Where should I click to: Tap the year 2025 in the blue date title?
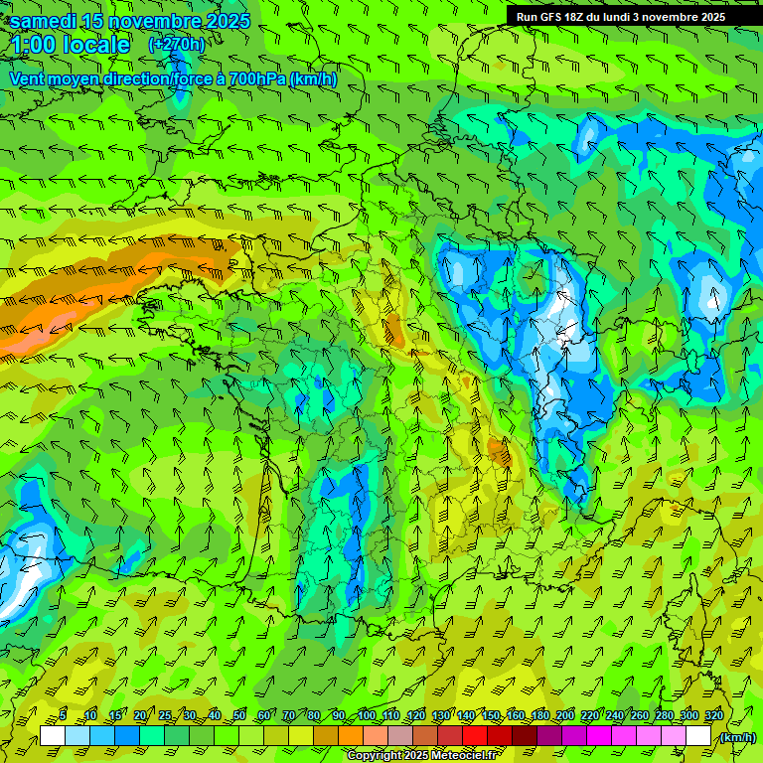point(222,21)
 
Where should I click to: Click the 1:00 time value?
point(33,45)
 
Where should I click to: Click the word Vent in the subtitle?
point(29,78)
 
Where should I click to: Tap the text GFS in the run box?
point(551,17)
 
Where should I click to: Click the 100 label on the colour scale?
point(366,715)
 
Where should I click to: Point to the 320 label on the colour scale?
point(712,715)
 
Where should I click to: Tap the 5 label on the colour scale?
point(64,715)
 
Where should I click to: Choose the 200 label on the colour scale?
point(564,715)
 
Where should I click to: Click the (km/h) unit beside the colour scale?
point(736,737)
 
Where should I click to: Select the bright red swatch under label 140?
point(475,735)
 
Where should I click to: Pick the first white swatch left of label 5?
point(53,735)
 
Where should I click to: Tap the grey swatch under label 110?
point(400,735)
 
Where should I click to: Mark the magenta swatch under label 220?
point(599,735)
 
